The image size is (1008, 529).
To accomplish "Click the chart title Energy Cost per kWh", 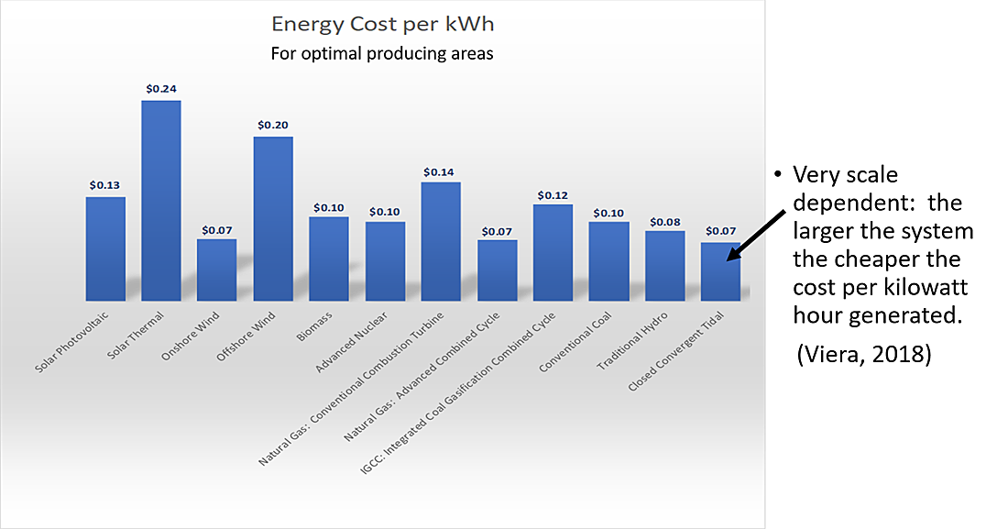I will (x=382, y=23).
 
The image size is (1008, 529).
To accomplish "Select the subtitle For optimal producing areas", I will (x=382, y=53).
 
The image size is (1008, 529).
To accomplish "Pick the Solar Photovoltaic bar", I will (x=105, y=248).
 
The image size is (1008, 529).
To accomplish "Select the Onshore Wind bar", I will (x=217, y=270).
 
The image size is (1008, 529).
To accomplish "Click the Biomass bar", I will (x=329, y=259).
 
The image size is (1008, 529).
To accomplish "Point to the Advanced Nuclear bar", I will (x=385, y=260).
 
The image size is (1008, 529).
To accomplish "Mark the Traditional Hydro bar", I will (x=664, y=265).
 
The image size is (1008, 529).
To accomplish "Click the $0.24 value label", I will (x=161, y=89).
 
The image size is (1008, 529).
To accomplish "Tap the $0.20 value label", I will (x=273, y=125).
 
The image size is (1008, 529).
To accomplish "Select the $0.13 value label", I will (x=105, y=185).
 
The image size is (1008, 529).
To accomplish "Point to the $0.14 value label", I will (x=441, y=171).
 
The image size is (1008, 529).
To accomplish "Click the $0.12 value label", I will (x=553, y=194).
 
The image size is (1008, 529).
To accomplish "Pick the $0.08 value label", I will (x=664, y=221).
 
